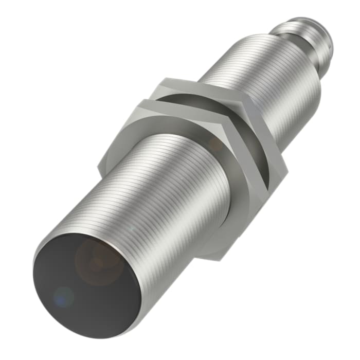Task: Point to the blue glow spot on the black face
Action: coord(64,297)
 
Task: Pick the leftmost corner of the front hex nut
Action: coord(99,167)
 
